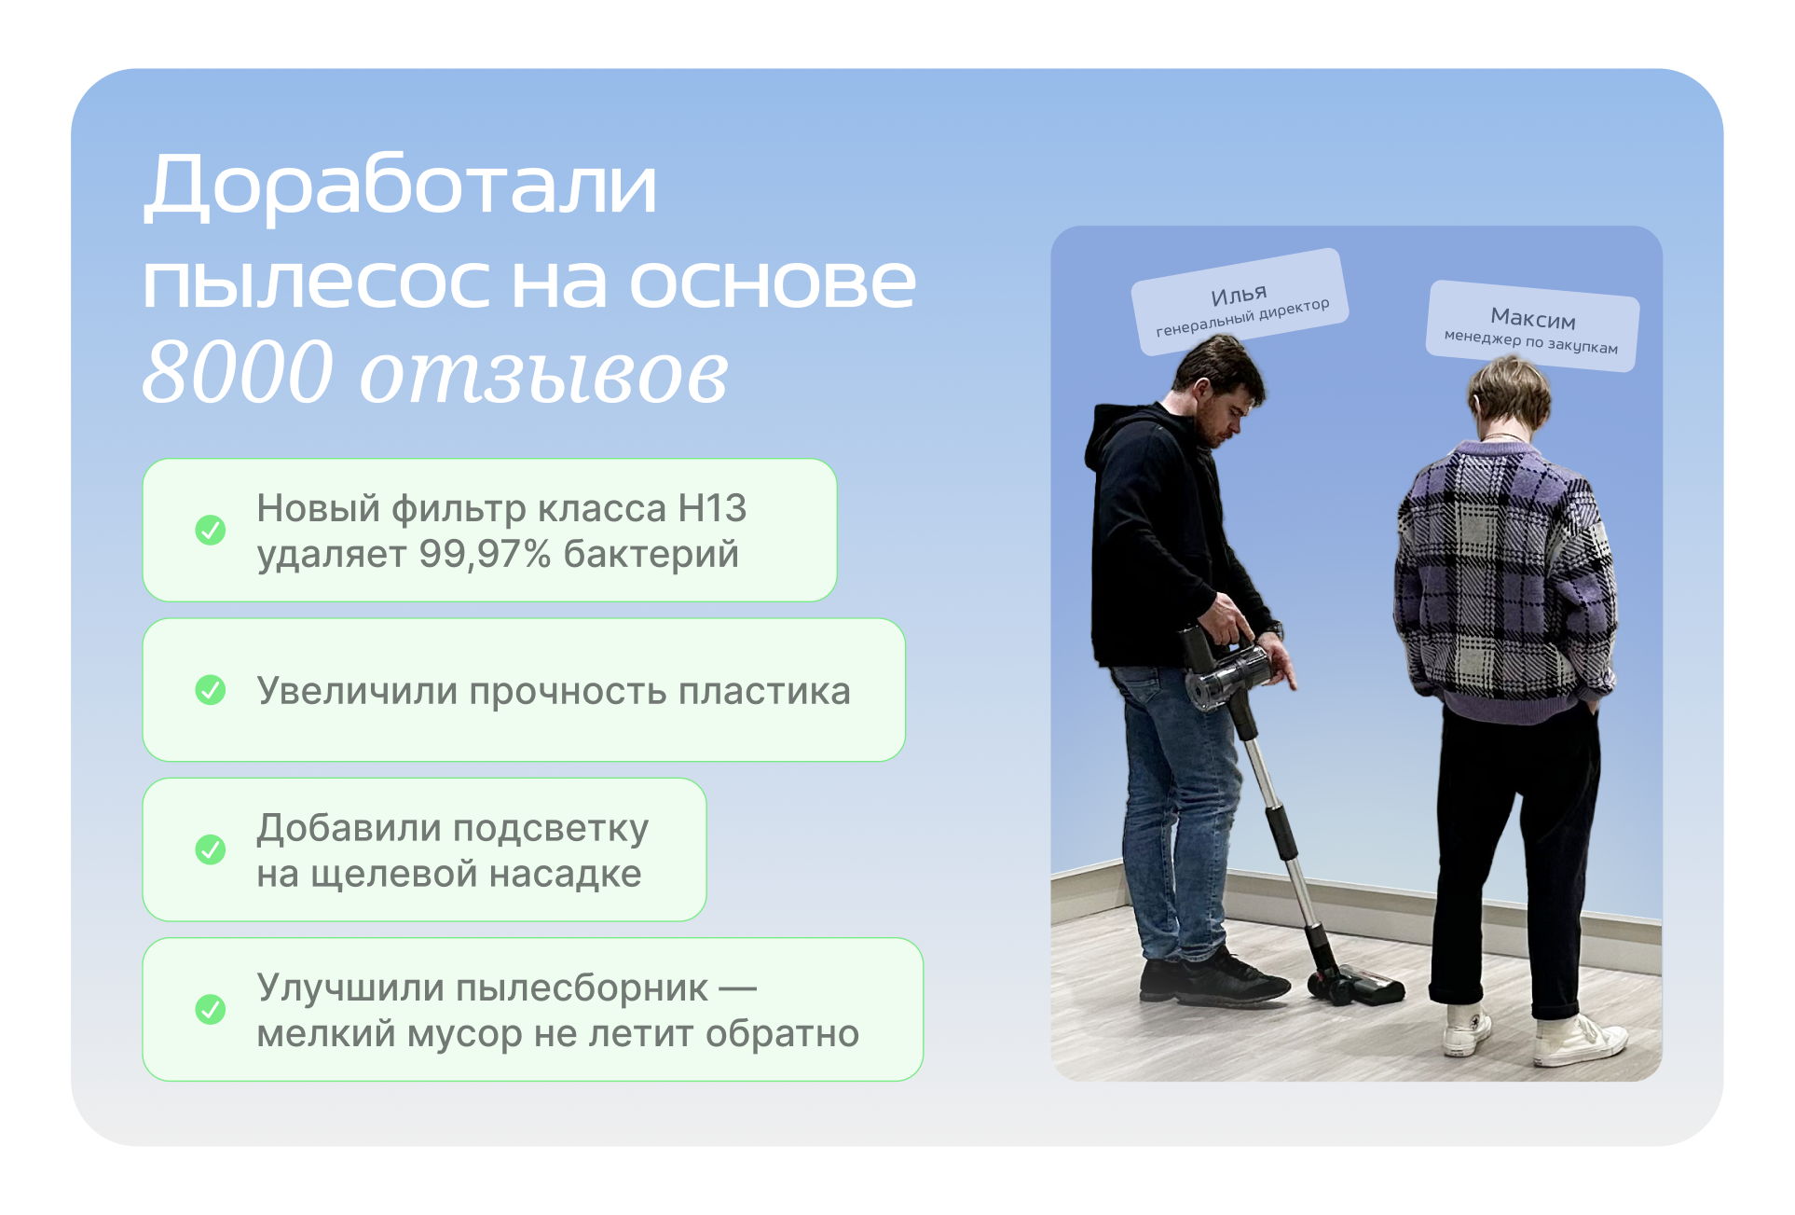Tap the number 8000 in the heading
[x=239, y=372]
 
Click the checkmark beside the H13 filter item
[x=211, y=530]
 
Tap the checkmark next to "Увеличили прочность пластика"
[x=211, y=690]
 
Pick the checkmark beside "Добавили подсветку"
[x=211, y=849]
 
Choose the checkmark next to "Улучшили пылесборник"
[x=211, y=1009]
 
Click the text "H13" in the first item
[x=712, y=508]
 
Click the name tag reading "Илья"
[x=1240, y=300]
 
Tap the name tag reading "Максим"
[x=1532, y=325]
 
